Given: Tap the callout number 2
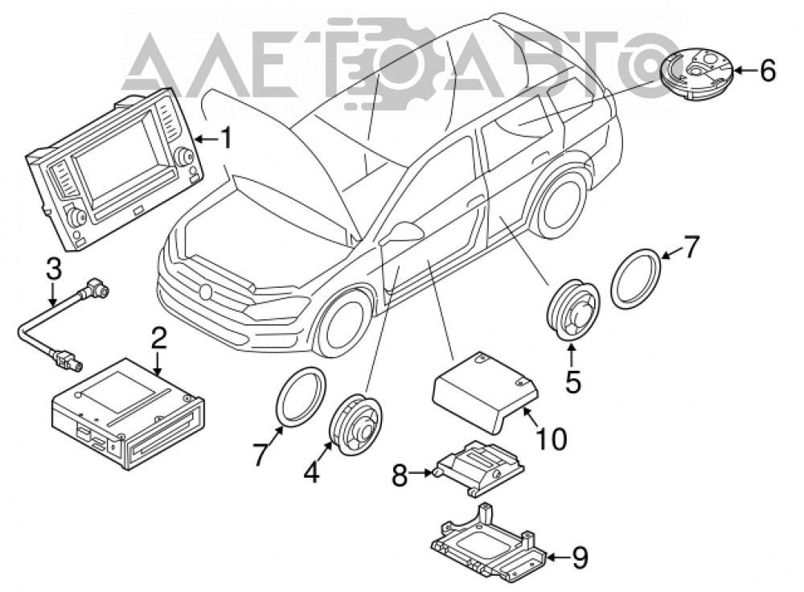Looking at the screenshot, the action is tap(158, 339).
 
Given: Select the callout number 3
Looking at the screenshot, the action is tap(54, 269).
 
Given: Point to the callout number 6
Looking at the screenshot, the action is tap(767, 70).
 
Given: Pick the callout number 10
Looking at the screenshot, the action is tap(552, 439).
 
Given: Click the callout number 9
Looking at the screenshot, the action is tap(579, 558).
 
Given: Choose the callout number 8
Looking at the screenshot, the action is tap(400, 475).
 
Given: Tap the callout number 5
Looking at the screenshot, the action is tap(572, 381).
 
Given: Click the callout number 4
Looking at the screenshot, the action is tap(310, 472).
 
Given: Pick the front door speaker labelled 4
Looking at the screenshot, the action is tap(355, 424).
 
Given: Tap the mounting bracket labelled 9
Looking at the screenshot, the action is tap(486, 543).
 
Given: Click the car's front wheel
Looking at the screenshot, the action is tap(343, 323).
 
